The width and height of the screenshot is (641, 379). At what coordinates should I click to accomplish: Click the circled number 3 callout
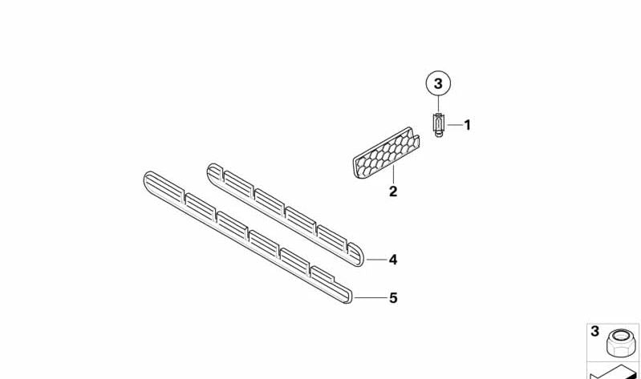point(438,83)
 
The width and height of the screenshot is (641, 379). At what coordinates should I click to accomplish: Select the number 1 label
point(467,125)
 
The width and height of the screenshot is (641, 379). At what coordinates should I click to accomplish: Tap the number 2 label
point(393,192)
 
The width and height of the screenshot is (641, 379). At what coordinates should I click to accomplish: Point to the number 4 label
point(393,260)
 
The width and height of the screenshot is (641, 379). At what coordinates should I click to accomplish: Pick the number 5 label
point(393,298)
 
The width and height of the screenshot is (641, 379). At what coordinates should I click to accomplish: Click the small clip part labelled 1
point(438,124)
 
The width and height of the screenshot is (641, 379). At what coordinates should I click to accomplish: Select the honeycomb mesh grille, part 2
point(386,153)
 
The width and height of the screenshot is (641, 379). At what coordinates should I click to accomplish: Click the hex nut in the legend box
point(622,342)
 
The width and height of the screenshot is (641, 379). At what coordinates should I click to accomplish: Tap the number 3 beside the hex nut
point(594,331)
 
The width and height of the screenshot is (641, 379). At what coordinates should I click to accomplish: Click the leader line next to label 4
point(376,260)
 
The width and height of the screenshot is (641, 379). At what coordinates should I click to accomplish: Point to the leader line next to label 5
point(371,298)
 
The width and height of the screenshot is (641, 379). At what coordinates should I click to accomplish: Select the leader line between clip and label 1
point(454,125)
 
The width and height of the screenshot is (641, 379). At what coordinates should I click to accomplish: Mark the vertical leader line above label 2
point(393,175)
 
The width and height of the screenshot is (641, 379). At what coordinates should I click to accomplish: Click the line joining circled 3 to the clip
point(438,104)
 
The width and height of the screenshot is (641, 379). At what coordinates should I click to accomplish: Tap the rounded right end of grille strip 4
point(359,257)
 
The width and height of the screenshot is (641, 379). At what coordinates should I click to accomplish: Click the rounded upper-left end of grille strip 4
point(213,171)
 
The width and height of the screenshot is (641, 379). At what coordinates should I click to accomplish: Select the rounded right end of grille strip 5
point(347,296)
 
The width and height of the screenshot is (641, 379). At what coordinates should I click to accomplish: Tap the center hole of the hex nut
point(622,336)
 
